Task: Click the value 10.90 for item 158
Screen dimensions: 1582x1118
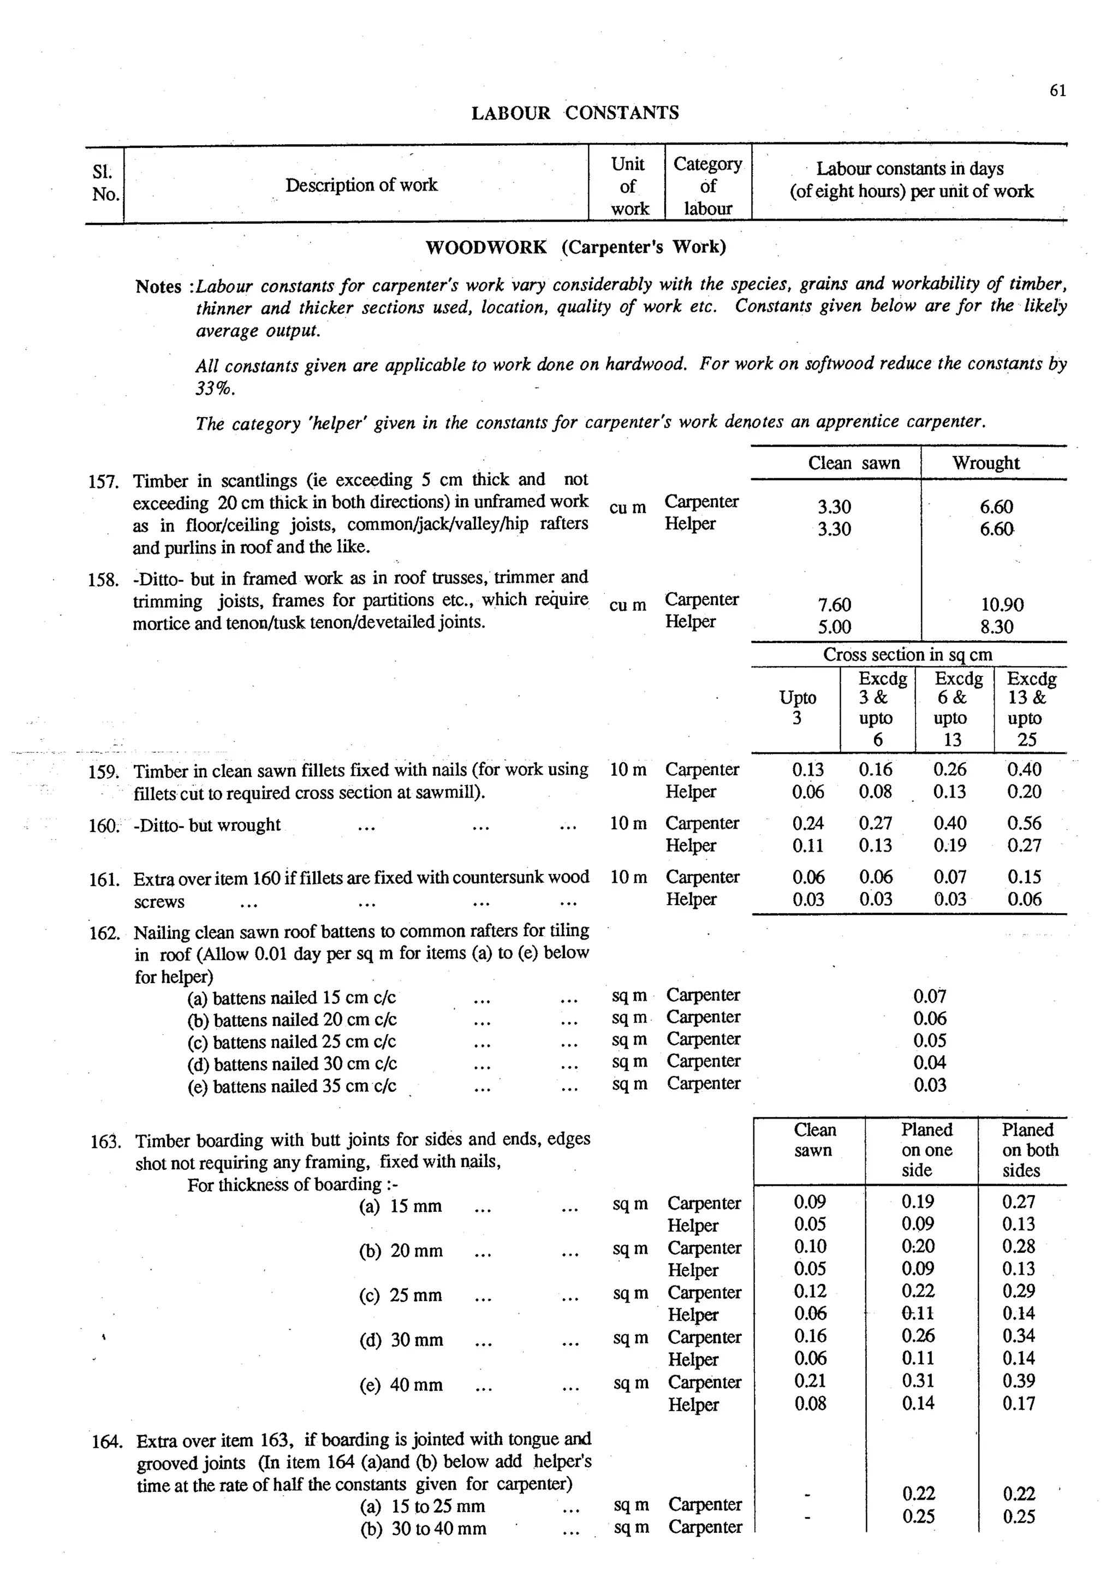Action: (x=1002, y=604)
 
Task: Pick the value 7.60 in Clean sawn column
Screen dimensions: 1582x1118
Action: (x=834, y=604)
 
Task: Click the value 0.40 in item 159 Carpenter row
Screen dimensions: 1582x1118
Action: (x=1024, y=769)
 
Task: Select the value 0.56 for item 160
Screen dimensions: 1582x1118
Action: (x=1024, y=823)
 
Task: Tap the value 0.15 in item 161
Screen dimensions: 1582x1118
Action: (x=1024, y=877)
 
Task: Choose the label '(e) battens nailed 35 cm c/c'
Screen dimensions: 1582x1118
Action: (x=292, y=1086)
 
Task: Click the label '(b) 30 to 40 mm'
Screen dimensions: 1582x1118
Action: (x=423, y=1529)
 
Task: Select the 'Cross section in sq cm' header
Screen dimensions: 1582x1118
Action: (x=907, y=655)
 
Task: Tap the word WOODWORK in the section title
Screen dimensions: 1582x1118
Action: (x=486, y=247)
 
